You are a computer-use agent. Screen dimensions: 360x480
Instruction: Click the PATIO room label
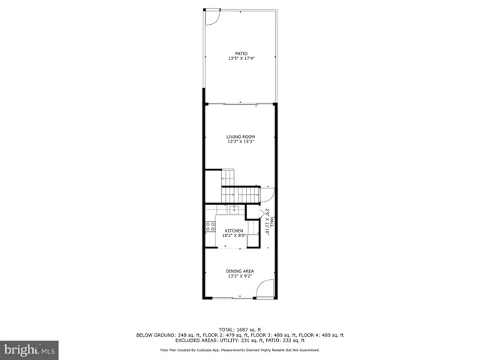(x=241, y=54)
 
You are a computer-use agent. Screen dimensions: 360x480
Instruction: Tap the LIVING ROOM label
(x=241, y=136)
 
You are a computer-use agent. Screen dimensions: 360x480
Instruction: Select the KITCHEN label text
(x=234, y=231)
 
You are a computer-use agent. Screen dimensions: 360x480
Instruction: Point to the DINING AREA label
(x=240, y=271)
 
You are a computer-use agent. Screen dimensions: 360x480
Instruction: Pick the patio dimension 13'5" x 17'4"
(x=241, y=59)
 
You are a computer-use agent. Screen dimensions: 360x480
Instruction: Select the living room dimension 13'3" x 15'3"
(x=241, y=142)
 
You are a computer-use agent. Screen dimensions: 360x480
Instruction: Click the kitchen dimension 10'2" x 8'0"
(x=234, y=236)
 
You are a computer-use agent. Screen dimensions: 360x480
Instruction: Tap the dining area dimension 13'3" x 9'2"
(x=240, y=276)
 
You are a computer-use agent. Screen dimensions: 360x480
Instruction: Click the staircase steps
(x=229, y=180)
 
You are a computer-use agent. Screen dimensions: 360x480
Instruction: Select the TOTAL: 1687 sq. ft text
(x=240, y=329)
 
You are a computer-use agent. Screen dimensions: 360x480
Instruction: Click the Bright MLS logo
(x=30, y=349)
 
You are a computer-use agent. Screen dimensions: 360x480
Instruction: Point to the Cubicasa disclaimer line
(x=240, y=349)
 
